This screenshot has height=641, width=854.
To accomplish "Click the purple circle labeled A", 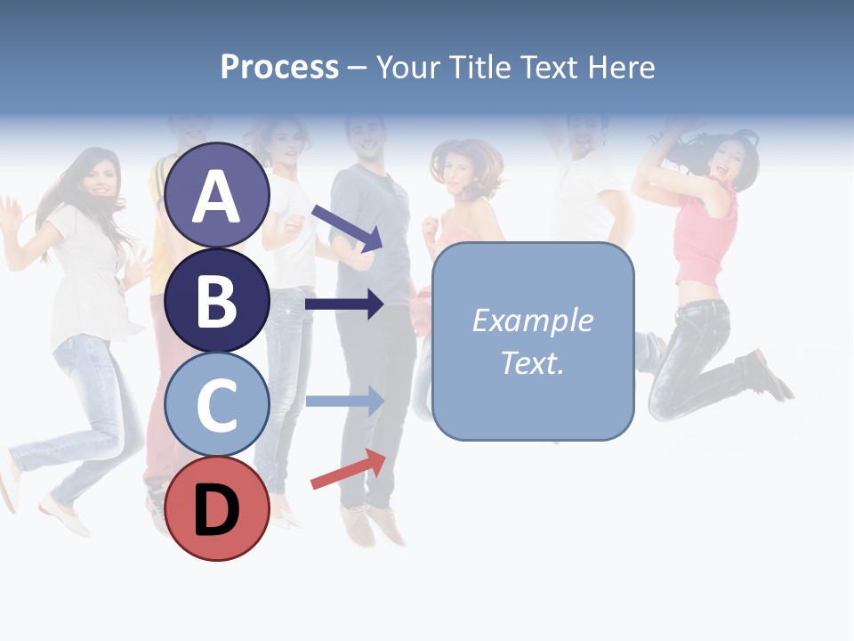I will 217,195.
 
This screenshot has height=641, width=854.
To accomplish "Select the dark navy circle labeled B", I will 217,300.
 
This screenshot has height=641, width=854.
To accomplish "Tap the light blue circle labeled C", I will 217,404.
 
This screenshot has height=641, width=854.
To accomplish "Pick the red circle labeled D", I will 217,508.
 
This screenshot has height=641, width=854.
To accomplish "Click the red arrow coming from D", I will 348,468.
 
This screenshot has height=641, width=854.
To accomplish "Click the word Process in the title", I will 279,67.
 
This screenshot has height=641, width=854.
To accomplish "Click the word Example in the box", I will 532,320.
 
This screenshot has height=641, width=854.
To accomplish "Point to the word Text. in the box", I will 532,362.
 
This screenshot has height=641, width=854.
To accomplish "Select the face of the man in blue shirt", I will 367,138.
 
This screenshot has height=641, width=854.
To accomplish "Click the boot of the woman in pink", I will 766,374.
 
